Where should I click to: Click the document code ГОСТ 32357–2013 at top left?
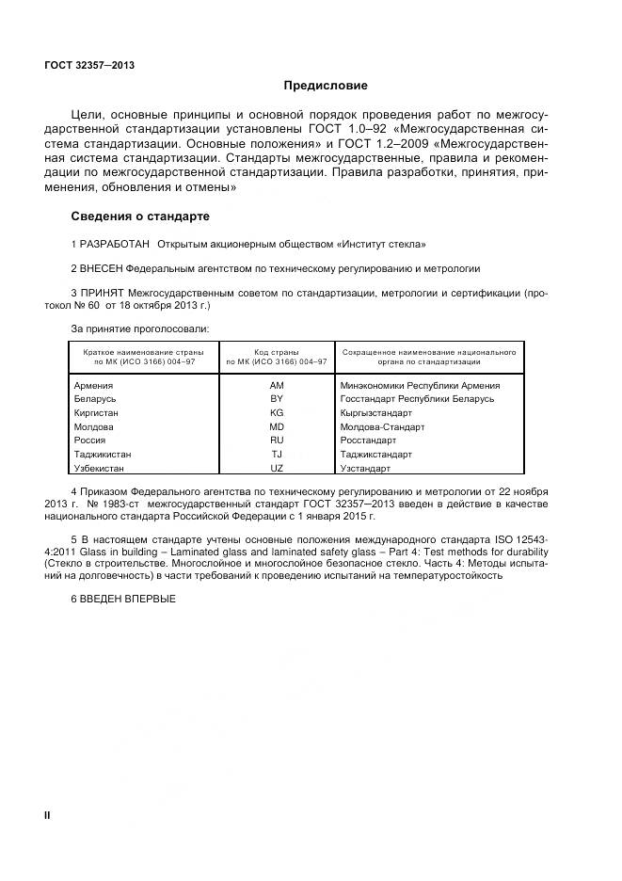(x=89, y=65)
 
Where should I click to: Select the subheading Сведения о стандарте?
(x=134, y=216)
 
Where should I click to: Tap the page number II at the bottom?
(x=47, y=815)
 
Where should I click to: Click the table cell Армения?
(x=93, y=385)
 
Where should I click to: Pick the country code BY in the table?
(x=277, y=399)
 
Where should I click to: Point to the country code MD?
(x=277, y=426)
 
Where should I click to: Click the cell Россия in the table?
(x=89, y=440)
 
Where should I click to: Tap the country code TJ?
(x=277, y=454)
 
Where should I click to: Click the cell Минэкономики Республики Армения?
(x=421, y=385)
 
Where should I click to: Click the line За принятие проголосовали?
(x=140, y=328)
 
